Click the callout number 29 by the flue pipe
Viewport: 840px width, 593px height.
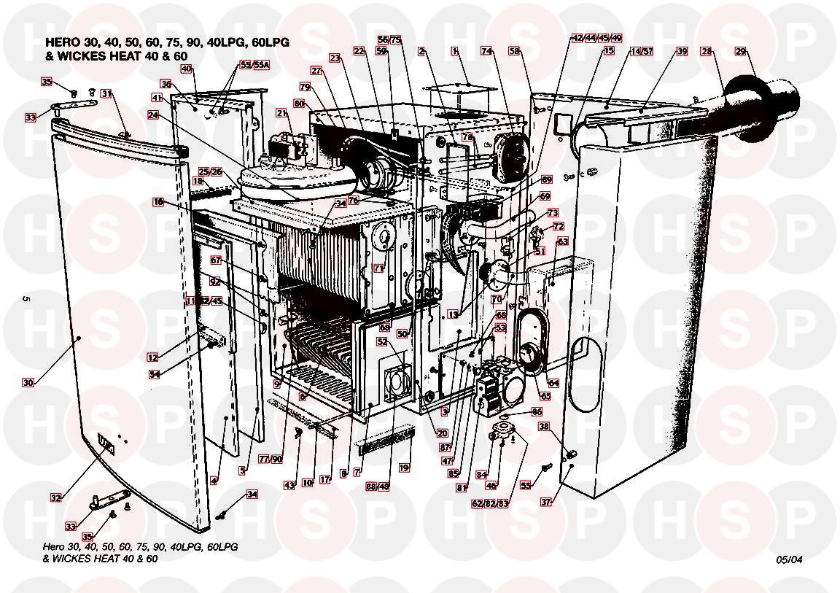[741, 51]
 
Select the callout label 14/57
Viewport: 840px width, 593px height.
[642, 52]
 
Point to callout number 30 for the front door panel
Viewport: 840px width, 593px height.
[28, 382]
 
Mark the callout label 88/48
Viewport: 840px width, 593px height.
[378, 487]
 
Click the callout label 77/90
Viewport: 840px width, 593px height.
[271, 460]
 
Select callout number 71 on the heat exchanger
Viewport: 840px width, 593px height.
[378, 268]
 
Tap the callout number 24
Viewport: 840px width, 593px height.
[152, 115]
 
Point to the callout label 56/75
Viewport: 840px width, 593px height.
[389, 39]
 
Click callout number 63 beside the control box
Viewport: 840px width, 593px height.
[562, 241]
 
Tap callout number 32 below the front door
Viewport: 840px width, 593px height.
[56, 498]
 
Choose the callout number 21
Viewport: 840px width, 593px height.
[282, 113]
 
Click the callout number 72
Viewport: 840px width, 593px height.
[559, 227]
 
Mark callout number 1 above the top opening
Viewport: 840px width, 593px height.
[454, 52]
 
